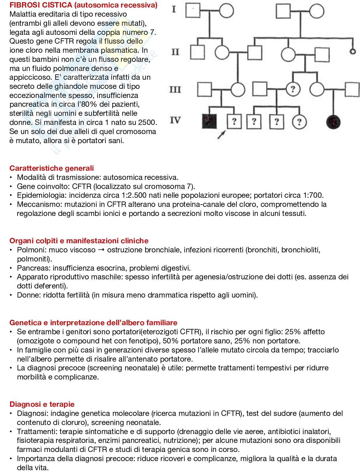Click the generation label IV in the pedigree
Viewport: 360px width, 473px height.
coord(175,120)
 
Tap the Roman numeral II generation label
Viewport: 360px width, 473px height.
coord(175,52)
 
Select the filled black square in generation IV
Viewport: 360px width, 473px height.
coord(209,121)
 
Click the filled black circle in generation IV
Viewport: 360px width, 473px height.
coord(334,121)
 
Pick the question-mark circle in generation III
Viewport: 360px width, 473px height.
coord(293,89)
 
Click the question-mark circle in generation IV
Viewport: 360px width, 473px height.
coord(299,122)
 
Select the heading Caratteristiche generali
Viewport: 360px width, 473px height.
coord(52,168)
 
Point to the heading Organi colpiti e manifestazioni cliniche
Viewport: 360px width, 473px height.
coord(79,241)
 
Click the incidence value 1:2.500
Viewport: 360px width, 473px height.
coord(131,195)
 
